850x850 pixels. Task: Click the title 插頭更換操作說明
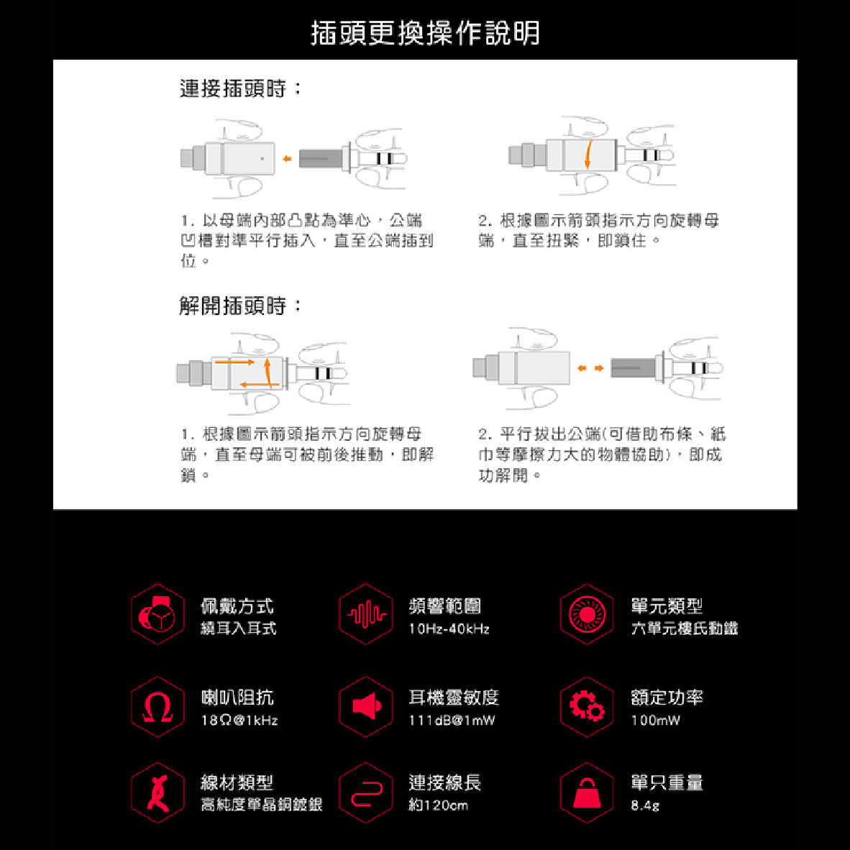425,33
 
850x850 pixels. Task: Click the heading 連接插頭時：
242,88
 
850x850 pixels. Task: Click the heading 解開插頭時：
242,306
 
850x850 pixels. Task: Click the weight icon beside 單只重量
587,793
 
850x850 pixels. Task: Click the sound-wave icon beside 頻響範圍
366,615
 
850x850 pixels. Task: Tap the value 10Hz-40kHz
449,629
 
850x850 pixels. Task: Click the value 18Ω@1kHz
239,721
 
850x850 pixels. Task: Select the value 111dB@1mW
452,721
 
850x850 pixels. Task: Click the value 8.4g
645,805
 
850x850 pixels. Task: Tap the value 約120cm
438,805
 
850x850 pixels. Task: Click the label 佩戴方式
237,606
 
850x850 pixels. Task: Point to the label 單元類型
667,606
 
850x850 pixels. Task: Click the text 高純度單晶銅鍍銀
261,805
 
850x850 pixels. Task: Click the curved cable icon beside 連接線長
366,793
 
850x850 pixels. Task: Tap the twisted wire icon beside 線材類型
157,793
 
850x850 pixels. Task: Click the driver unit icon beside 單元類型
587,615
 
